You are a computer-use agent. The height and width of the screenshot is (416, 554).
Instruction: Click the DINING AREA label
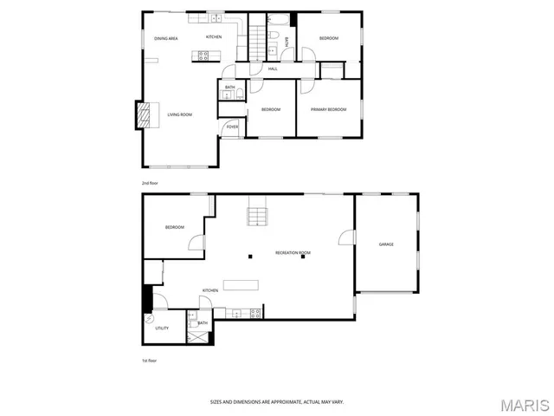pyautogui.click(x=166, y=39)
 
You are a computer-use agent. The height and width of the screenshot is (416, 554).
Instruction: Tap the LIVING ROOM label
pyautogui.click(x=179, y=114)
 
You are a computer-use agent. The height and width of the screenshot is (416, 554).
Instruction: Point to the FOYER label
pyautogui.click(x=232, y=127)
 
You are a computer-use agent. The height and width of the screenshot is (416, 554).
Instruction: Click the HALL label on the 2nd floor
pyautogui.click(x=272, y=68)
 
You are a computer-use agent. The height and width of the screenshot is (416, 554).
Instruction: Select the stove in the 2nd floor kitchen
pyautogui.click(x=204, y=55)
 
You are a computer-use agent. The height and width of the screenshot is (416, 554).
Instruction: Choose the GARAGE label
pyautogui.click(x=386, y=244)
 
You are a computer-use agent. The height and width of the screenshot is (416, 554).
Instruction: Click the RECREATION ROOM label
pyautogui.click(x=293, y=252)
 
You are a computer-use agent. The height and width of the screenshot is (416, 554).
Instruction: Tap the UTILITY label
pyautogui.click(x=162, y=328)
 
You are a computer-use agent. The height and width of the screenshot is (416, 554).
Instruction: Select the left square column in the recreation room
pyautogui.click(x=249, y=256)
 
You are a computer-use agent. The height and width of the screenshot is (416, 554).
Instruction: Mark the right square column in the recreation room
pyautogui.click(x=303, y=256)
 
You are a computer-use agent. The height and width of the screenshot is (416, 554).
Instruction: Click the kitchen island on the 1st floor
pyautogui.click(x=240, y=284)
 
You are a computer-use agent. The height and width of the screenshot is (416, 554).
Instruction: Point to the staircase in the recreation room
pyautogui.click(x=256, y=212)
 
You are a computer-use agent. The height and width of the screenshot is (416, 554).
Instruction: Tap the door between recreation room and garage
pyautogui.click(x=348, y=237)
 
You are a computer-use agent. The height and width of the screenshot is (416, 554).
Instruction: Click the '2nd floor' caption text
pyautogui.click(x=151, y=183)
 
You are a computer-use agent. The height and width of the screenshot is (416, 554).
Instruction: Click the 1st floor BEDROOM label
pyautogui.click(x=175, y=227)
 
